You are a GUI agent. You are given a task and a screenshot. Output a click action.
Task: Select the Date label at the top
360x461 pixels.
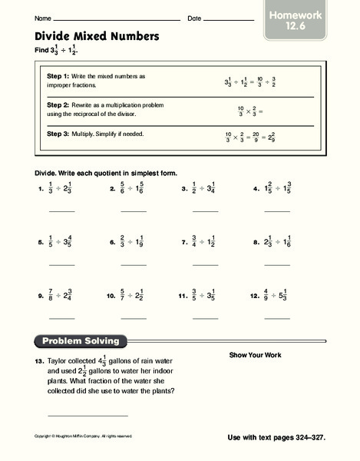[193, 18]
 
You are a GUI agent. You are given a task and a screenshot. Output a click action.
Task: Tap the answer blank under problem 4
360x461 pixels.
[277, 210]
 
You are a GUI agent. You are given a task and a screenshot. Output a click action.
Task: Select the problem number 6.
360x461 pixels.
[112, 242]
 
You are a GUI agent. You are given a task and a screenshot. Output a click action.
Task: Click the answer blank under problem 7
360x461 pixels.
[205, 264]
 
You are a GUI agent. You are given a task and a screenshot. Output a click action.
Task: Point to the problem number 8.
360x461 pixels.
[255, 242]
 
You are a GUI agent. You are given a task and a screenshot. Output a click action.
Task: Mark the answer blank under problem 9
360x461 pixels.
[62, 317]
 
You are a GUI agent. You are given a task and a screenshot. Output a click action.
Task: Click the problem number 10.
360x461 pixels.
[111, 295]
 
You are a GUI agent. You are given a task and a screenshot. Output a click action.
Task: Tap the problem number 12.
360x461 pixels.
[254, 295]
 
